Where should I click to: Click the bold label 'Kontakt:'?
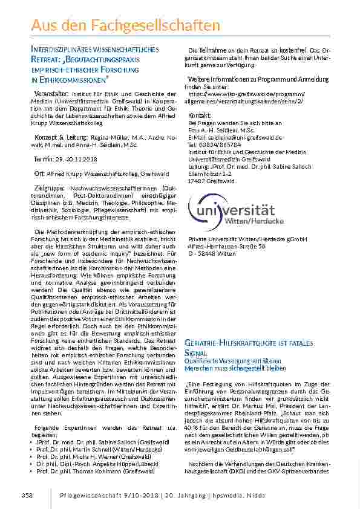tap(200, 115)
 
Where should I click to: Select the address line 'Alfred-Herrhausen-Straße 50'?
tap(226, 247)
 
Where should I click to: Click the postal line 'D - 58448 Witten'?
tap(211, 254)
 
